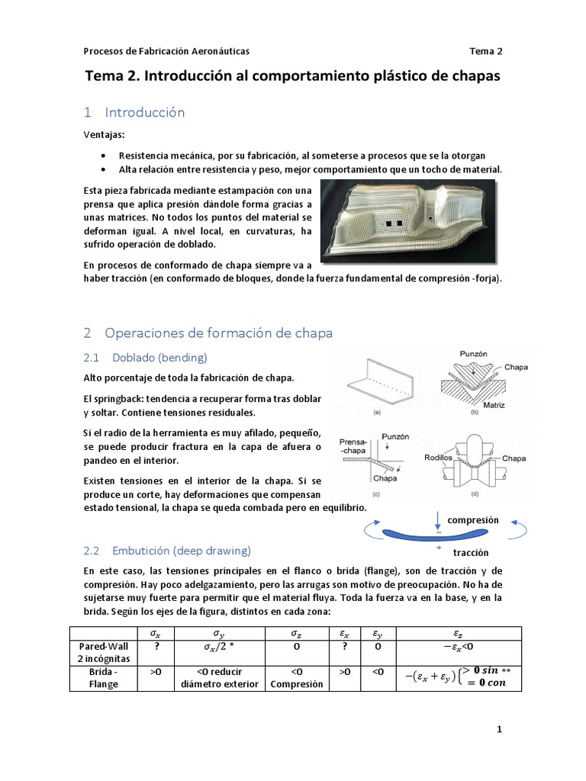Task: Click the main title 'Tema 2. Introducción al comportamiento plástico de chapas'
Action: pos(292,77)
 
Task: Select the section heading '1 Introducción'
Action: pos(134,112)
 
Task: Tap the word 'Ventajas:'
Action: pos(105,134)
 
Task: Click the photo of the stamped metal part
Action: pos(407,218)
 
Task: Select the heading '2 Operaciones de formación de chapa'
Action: pos(208,333)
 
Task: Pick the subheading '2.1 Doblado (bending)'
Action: pos(146,357)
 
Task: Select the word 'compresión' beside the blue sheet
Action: pos(472,520)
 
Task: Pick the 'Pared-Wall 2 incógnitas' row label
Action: pos(102,652)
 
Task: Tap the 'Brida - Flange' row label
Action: pos(102,678)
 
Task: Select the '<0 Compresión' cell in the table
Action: pos(295,678)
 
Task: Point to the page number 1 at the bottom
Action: pos(499,730)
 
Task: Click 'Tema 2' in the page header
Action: pos(486,51)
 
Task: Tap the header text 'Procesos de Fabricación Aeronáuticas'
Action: pos(166,51)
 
